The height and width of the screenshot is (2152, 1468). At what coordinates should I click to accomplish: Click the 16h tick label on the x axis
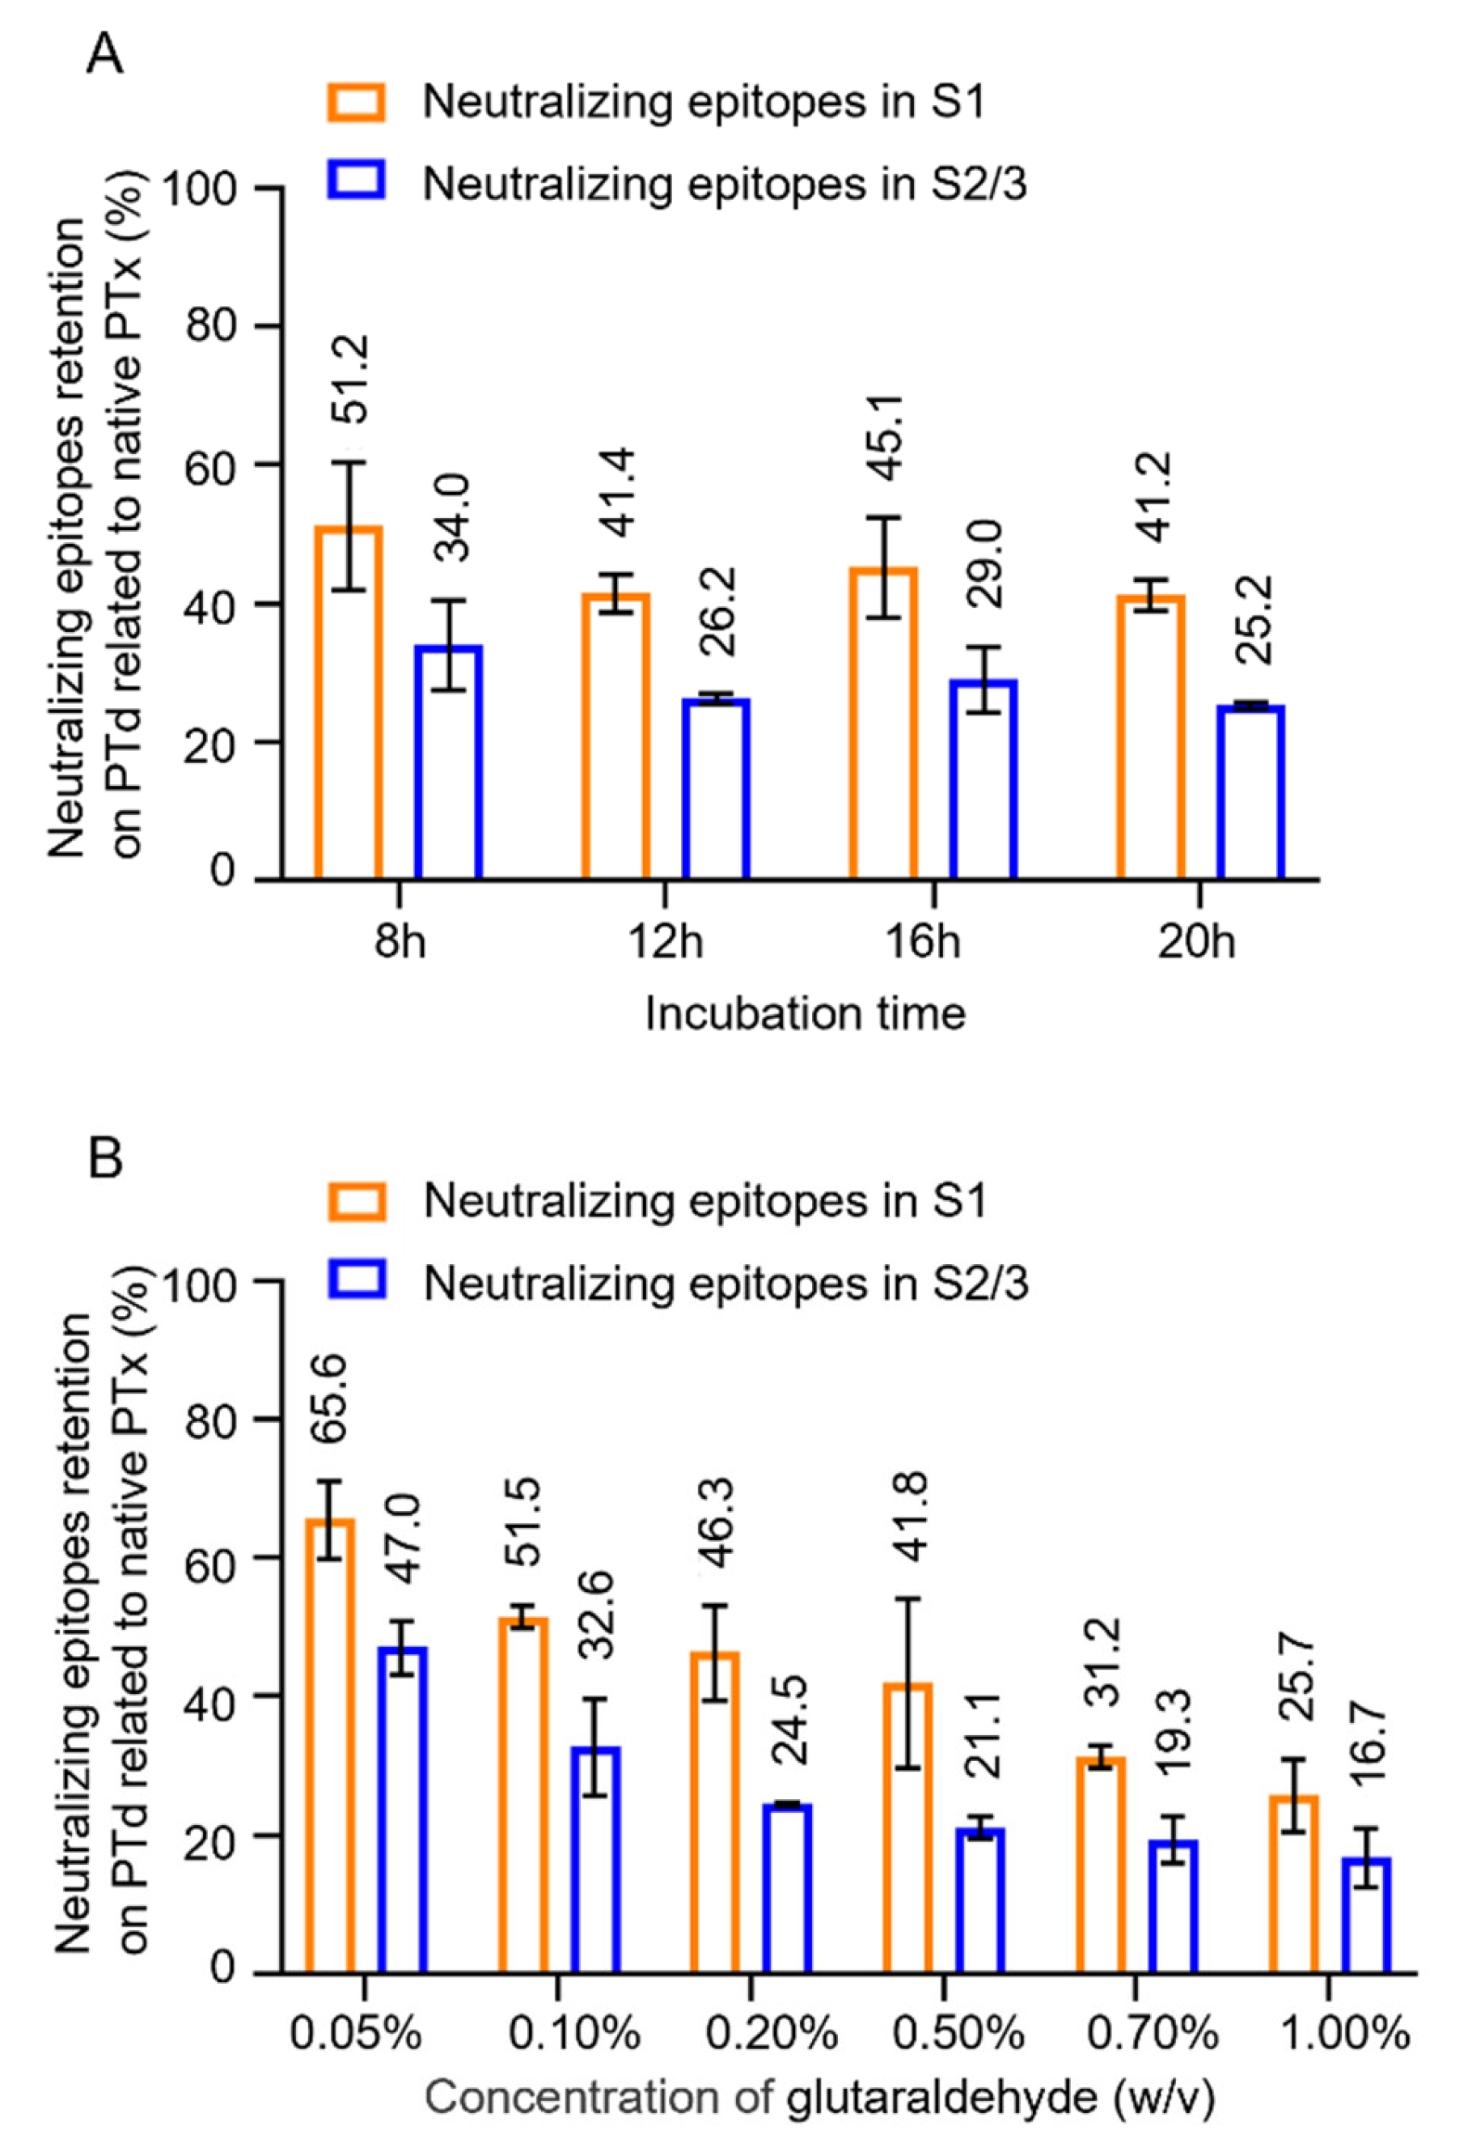click(x=930, y=944)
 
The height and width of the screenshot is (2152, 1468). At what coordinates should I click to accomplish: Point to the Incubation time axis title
click(x=804, y=1013)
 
